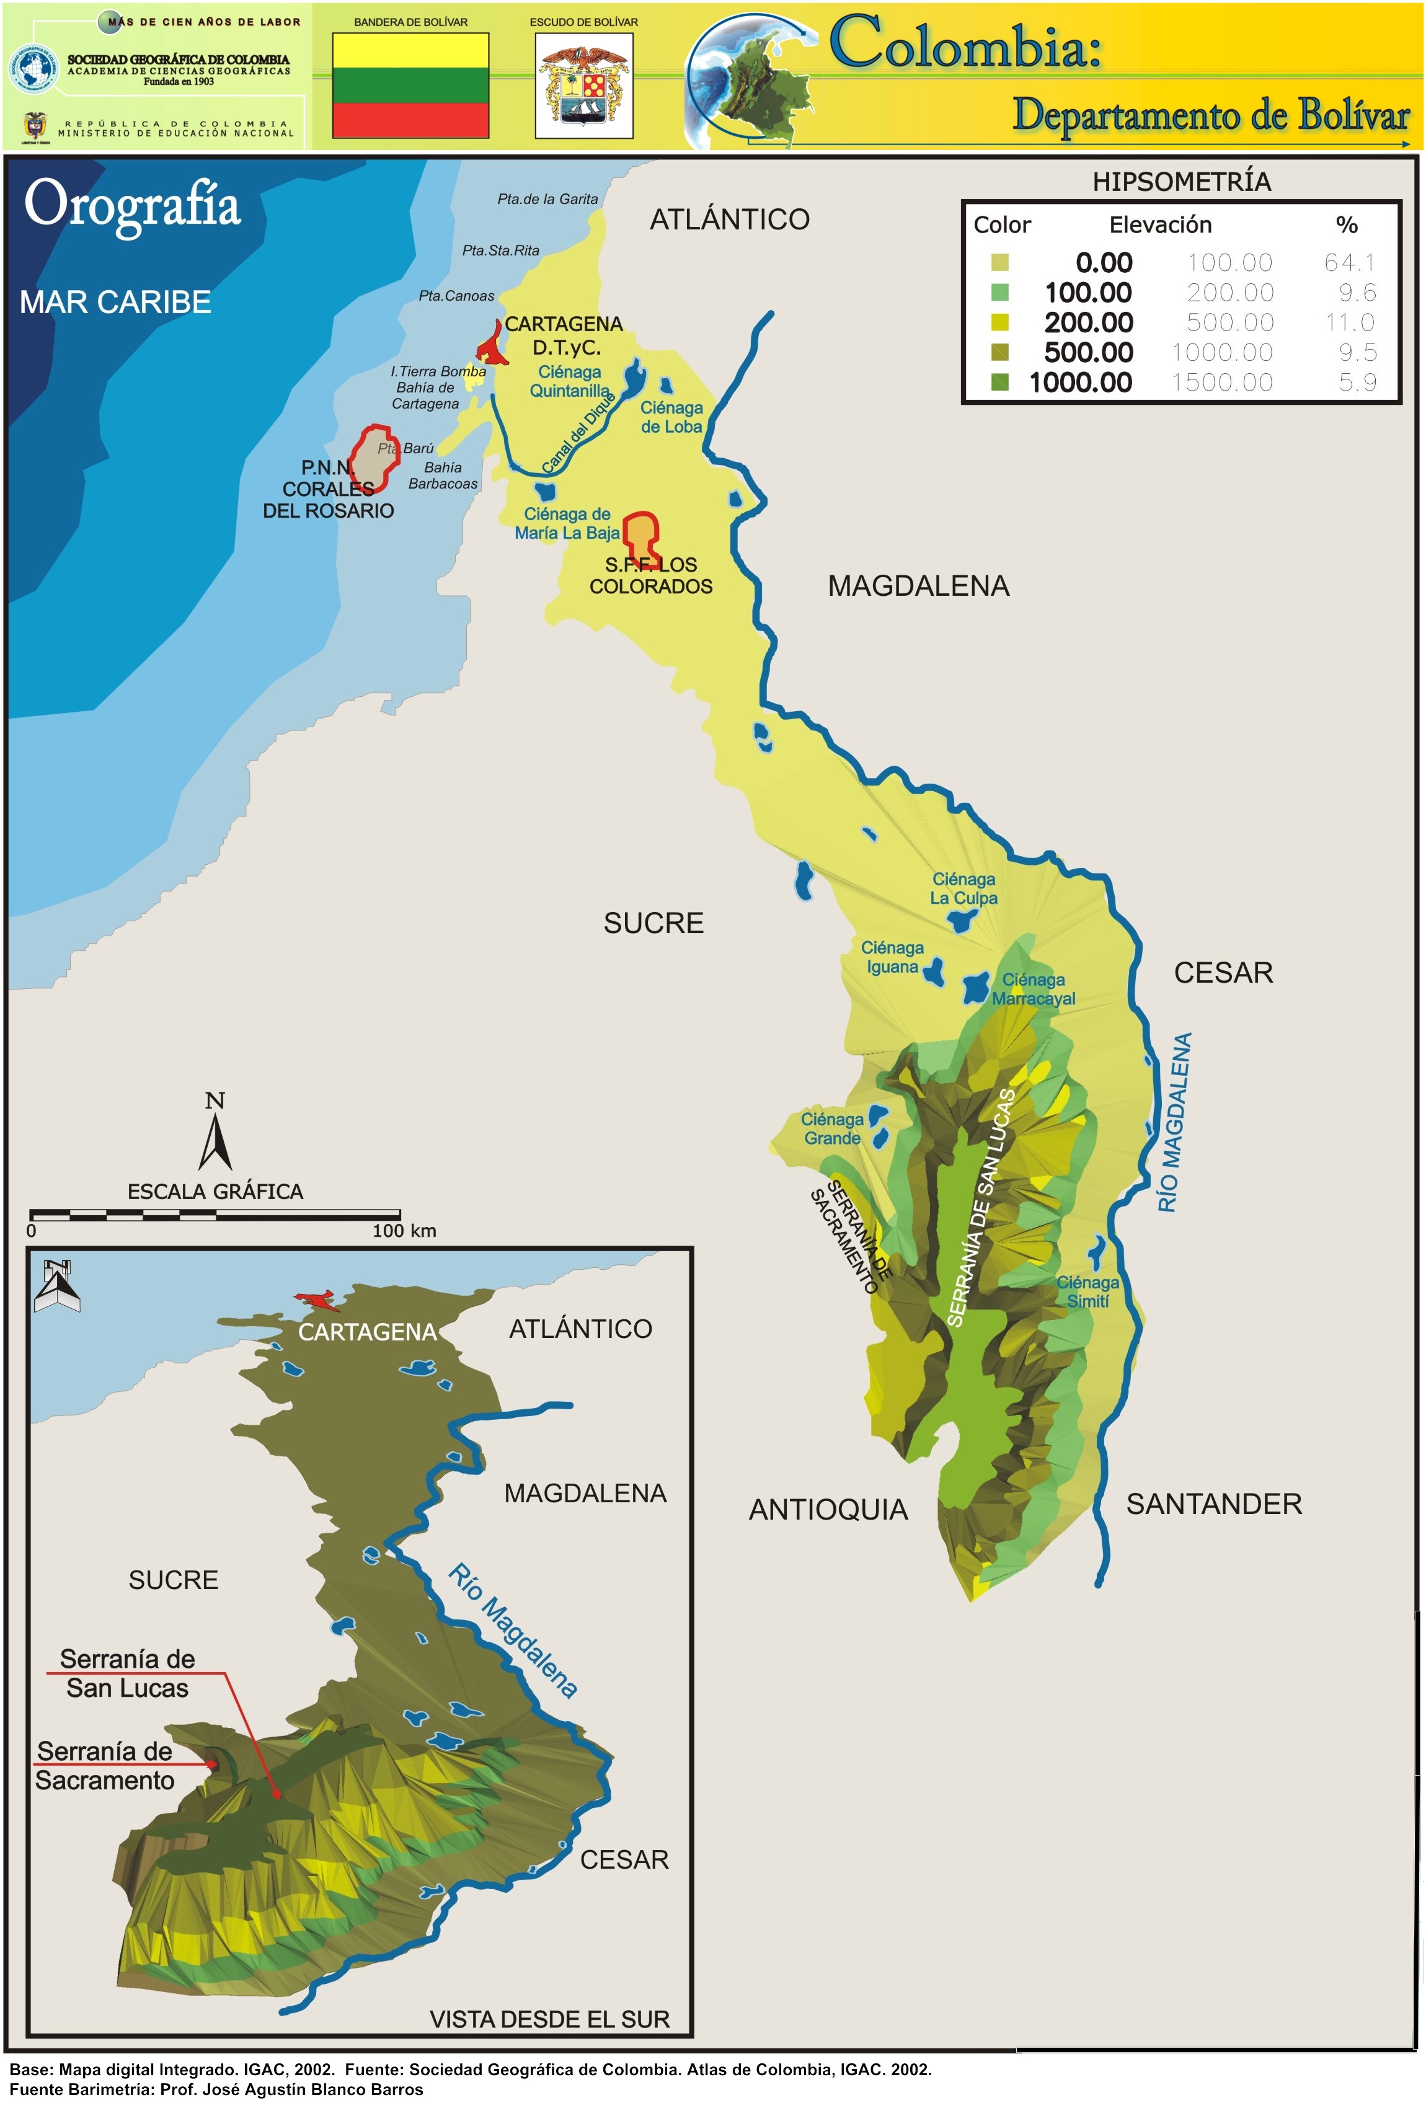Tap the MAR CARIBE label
(x=115, y=302)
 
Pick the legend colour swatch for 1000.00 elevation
(x=999, y=383)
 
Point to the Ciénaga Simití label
(x=1087, y=1291)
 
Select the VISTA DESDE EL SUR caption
(x=549, y=2019)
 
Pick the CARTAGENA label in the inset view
(x=368, y=1332)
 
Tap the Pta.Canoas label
(x=456, y=296)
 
